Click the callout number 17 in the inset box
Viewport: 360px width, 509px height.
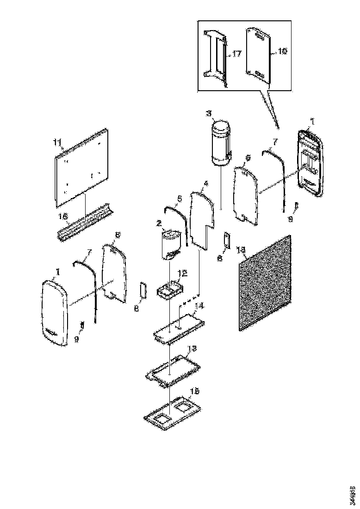click(x=236, y=54)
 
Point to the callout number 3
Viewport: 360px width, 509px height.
click(x=209, y=113)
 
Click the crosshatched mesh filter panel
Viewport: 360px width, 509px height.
click(x=265, y=283)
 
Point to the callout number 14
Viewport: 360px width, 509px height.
click(x=199, y=306)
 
